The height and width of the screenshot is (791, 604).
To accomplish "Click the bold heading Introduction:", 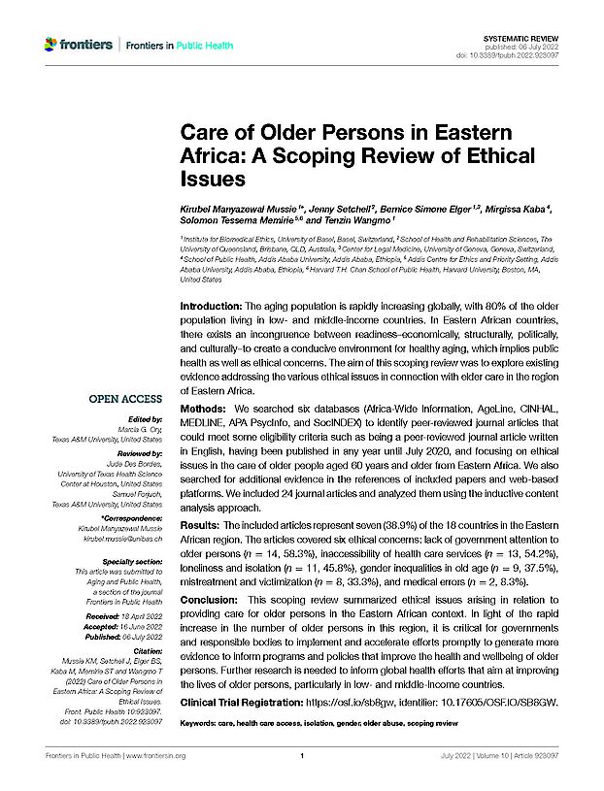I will (x=213, y=306).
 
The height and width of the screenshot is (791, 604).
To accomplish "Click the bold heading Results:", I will (x=202, y=522).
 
